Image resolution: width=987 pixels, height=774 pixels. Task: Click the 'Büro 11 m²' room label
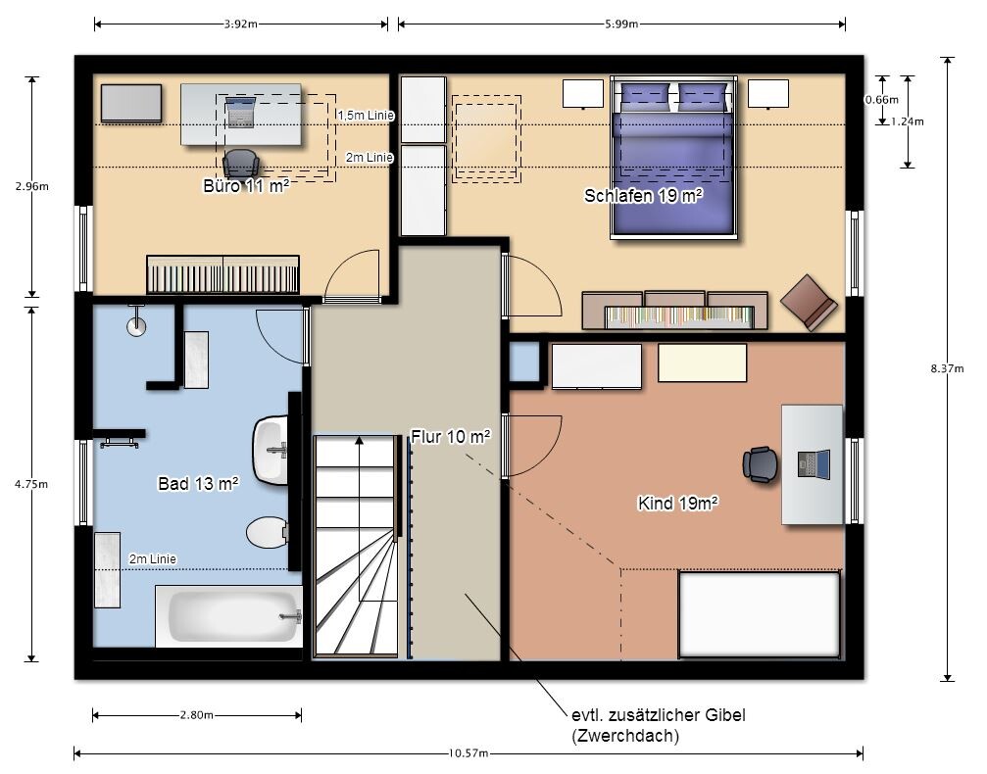point(246,185)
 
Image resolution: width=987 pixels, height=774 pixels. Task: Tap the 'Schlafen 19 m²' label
point(643,196)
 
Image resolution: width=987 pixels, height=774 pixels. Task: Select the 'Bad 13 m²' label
point(198,483)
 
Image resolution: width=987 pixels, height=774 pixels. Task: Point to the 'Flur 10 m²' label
point(451,436)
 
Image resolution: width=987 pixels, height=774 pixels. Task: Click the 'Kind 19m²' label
point(678,504)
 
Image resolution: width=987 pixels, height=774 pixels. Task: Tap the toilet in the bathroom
point(267,533)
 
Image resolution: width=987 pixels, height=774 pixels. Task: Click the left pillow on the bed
point(645,97)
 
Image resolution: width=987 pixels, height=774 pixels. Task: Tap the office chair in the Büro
point(240,164)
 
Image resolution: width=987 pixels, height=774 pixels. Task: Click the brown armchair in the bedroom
point(809,303)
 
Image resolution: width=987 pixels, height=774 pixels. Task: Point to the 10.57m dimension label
point(469,753)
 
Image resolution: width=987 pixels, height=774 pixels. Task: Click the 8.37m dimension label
point(948,368)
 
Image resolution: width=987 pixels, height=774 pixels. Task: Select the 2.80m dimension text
point(196,715)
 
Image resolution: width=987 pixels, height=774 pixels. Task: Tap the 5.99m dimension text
point(621,24)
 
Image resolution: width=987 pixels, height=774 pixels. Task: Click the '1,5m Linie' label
point(367,116)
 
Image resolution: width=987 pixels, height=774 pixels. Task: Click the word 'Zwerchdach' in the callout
point(625,736)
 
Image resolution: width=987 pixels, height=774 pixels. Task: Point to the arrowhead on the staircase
point(360,440)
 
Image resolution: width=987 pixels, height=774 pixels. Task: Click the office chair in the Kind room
point(760,465)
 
